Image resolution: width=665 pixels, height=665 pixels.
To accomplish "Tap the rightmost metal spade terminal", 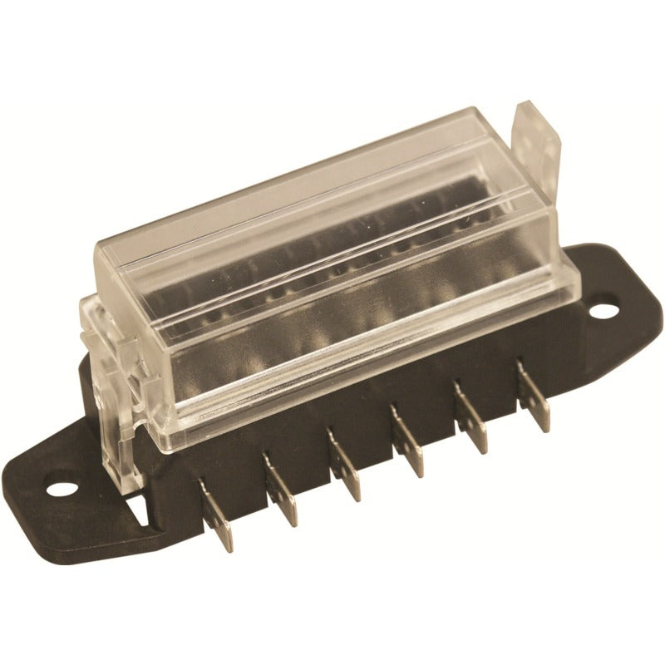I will (534, 397).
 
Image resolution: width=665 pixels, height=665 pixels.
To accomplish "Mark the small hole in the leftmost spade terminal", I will (218, 525).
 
